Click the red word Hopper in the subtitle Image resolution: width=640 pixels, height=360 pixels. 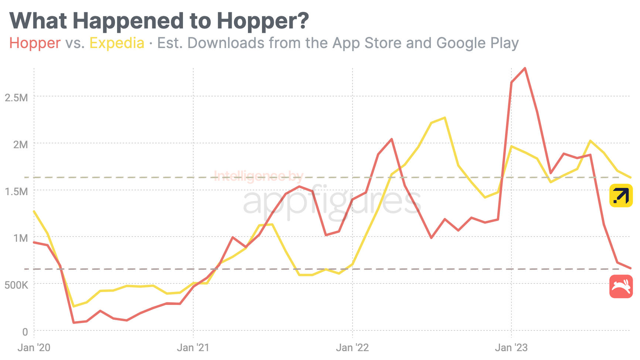35,43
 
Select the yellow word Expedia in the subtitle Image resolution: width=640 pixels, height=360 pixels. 117,43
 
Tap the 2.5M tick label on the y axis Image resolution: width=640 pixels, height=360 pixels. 16,98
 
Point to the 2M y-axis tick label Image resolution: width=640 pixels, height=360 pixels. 20,145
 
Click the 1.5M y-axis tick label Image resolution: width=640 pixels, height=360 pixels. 16,191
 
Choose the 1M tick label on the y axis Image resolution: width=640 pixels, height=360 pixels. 20,238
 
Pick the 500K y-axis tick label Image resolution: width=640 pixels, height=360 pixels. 16,285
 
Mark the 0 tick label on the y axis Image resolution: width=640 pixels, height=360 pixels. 25,332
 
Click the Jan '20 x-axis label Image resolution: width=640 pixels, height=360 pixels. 34,347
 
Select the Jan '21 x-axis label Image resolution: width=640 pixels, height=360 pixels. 193,347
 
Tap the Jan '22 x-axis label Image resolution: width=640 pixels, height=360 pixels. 352,347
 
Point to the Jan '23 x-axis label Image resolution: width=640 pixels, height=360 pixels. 511,347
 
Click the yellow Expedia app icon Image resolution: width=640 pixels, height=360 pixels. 621,196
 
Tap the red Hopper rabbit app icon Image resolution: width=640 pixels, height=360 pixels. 621,286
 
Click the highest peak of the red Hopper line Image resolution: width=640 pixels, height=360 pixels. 525,68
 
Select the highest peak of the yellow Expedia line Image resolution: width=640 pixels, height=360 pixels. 445,118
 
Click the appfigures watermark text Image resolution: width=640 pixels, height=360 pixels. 331,201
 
